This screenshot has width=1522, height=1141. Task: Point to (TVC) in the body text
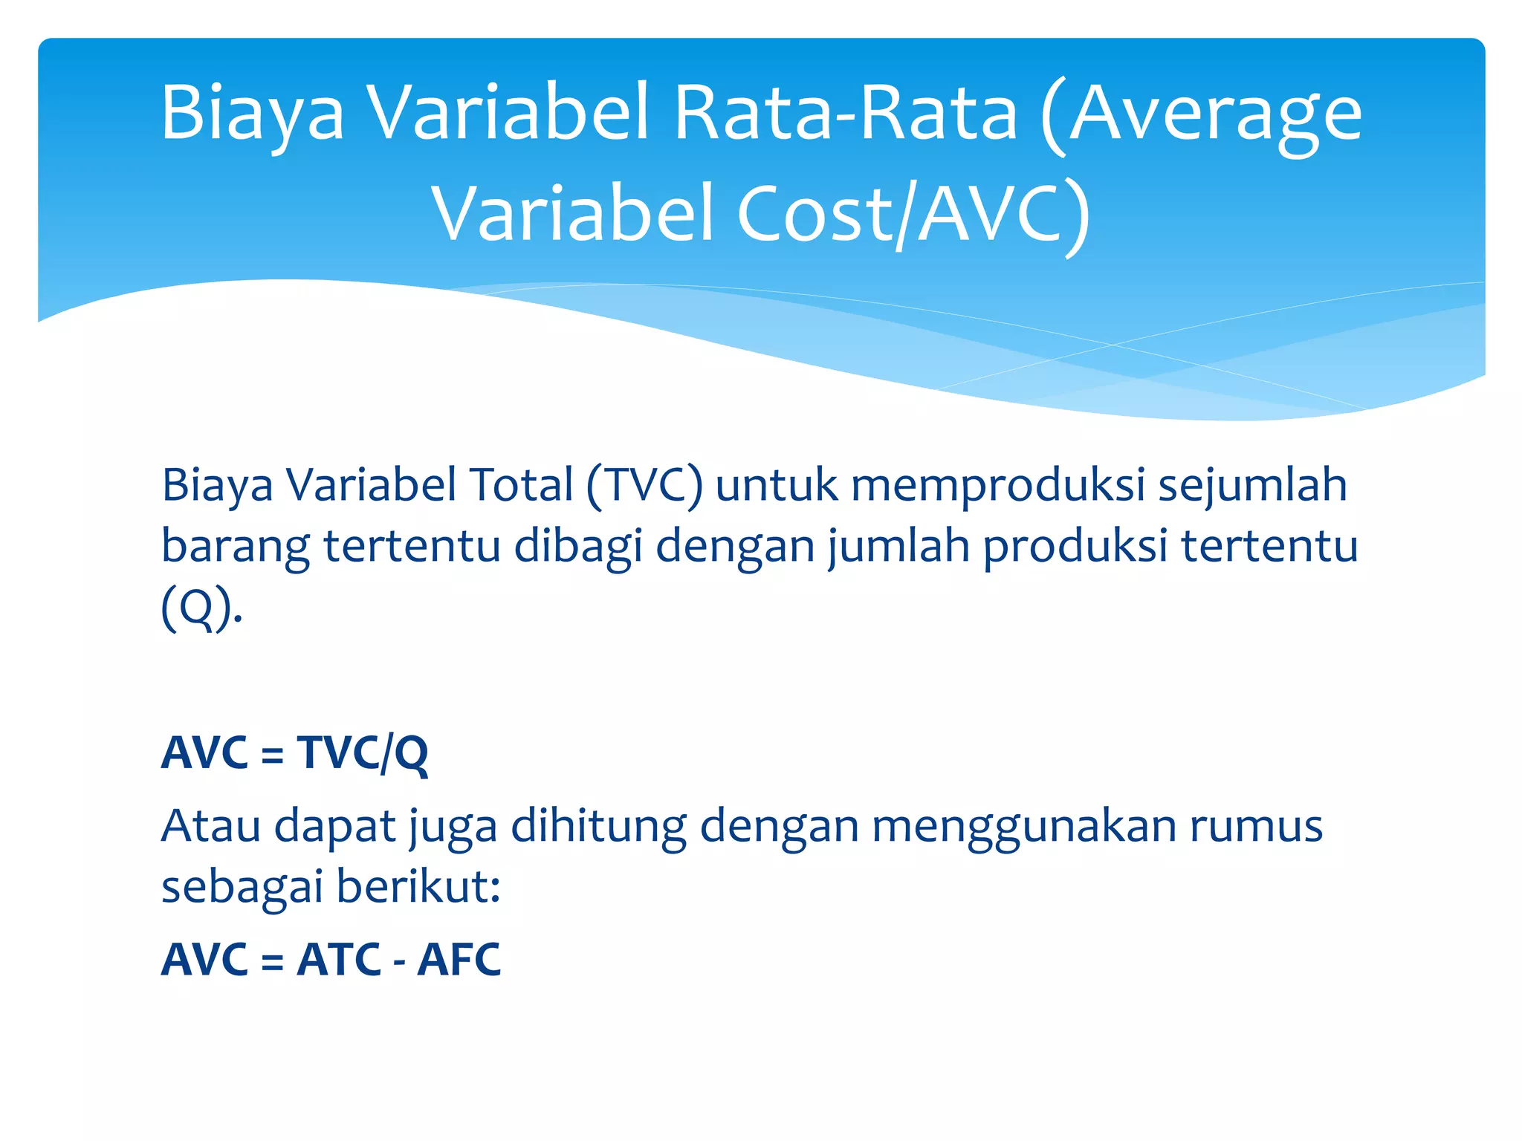click(x=644, y=486)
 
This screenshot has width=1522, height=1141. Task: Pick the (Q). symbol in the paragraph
click(x=201, y=608)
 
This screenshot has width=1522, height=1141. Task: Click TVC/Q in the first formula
click(x=363, y=752)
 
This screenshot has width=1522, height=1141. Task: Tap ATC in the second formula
click(x=339, y=959)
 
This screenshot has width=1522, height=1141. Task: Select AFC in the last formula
click(x=459, y=959)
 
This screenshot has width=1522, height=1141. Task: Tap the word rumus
click(x=1256, y=827)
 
